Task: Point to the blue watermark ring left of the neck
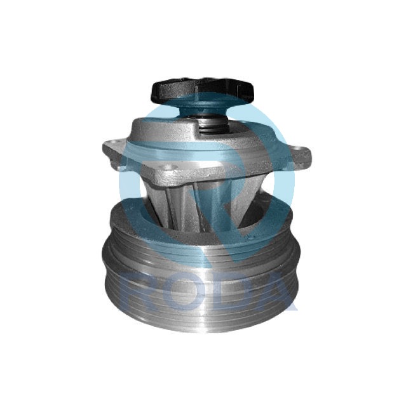[x=130, y=190]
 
